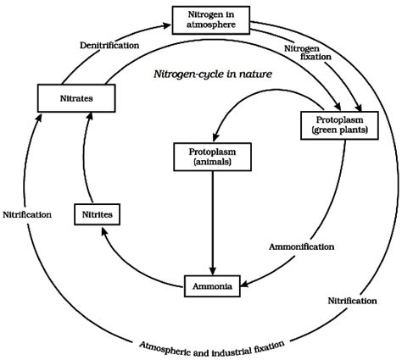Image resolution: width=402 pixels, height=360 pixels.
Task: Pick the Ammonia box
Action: point(210,284)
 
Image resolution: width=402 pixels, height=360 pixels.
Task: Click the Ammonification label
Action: point(301,246)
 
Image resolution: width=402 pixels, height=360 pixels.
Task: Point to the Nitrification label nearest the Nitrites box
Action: point(26,215)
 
